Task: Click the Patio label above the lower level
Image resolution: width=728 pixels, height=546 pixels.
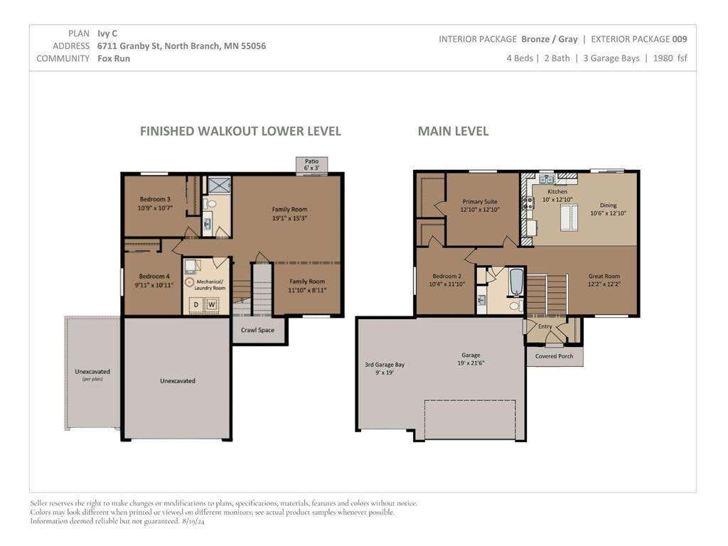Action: point(311,161)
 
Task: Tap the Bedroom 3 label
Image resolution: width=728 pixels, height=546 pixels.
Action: point(155,199)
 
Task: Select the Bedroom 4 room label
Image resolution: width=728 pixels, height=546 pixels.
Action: point(154,277)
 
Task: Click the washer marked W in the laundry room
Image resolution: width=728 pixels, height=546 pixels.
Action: point(212,304)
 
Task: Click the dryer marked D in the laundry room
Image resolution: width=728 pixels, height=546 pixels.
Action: point(196,304)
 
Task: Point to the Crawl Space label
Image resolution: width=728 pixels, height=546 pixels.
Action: point(257,330)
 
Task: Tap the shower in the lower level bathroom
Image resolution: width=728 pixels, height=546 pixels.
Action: point(219,185)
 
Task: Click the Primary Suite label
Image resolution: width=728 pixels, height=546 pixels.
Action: point(480,201)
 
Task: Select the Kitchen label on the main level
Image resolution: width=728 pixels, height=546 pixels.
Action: point(557,191)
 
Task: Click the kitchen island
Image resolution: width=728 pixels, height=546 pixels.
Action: point(569,217)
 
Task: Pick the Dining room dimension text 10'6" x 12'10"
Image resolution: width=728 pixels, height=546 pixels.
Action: point(609,213)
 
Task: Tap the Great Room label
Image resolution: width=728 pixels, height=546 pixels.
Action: point(604,276)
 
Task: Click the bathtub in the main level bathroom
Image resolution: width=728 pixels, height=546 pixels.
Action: point(516,282)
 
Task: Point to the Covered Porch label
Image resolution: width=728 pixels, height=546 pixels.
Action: point(554,356)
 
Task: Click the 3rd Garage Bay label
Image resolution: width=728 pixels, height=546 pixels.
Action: point(385,365)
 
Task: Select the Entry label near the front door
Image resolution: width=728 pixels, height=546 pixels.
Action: point(545,326)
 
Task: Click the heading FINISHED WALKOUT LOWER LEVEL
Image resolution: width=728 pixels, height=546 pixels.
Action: point(240,132)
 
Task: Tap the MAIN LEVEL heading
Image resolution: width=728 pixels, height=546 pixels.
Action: point(453,132)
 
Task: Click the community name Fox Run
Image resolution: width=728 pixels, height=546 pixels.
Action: point(114,58)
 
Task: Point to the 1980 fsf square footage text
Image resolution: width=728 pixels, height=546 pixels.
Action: point(670,58)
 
